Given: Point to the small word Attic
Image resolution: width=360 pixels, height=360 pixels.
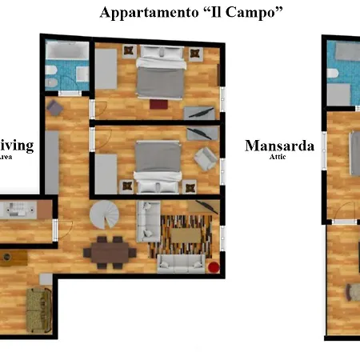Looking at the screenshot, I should tap(278, 158).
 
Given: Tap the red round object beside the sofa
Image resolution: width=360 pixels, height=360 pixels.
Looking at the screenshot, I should tap(214, 266).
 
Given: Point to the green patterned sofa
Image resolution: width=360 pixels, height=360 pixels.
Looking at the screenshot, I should tap(36, 308).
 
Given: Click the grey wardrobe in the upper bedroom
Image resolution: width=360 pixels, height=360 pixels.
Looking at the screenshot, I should tap(106, 77).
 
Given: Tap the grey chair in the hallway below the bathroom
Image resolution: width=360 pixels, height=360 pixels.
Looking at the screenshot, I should tap(56, 108).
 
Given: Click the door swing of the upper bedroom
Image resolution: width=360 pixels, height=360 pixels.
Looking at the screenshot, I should tap(97, 110).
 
